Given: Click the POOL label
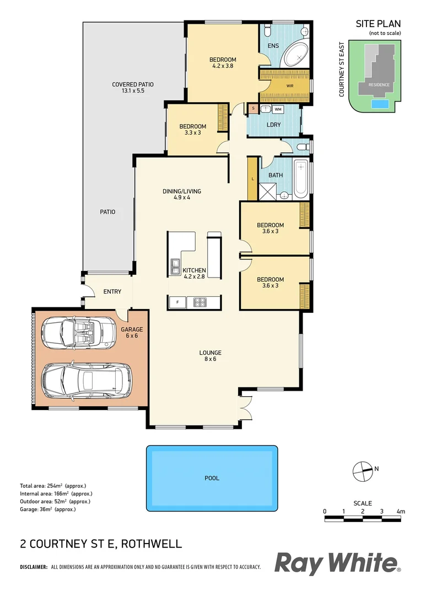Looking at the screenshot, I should point(212,478).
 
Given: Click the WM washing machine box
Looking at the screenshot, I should point(278,109).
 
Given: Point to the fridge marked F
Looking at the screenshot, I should point(177,302).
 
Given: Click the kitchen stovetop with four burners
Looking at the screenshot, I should point(197,302).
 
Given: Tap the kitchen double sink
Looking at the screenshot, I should point(175,267).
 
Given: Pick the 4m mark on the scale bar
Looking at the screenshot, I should point(401,512).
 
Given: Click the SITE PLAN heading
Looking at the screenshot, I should point(378,24).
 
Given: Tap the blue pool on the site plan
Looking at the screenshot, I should point(379,104).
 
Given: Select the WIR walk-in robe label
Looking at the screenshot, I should point(290,86).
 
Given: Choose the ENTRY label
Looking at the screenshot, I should point(112,291).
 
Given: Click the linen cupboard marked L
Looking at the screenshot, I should point(252,179).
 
